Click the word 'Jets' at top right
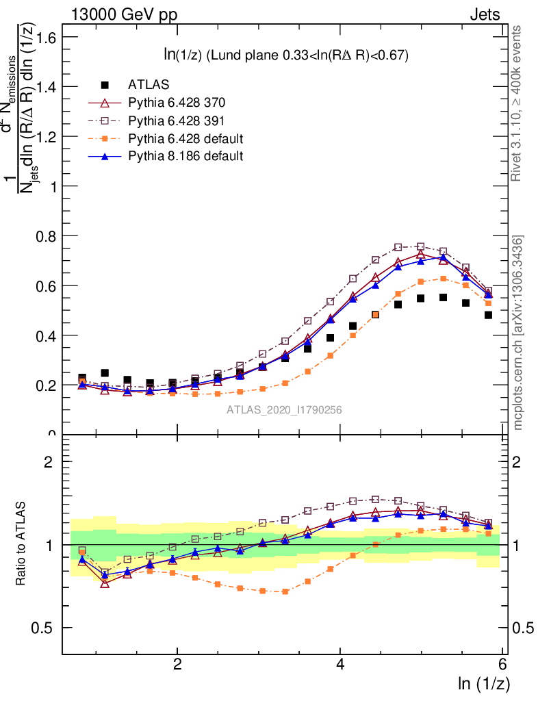(485, 15)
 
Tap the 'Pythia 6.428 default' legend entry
(185, 138)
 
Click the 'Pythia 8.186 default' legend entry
(185, 156)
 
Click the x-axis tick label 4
(341, 665)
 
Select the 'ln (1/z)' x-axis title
(483, 683)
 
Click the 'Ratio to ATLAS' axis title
(21, 544)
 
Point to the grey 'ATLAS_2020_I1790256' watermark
(284, 410)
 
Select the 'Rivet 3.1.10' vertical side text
(517, 103)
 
